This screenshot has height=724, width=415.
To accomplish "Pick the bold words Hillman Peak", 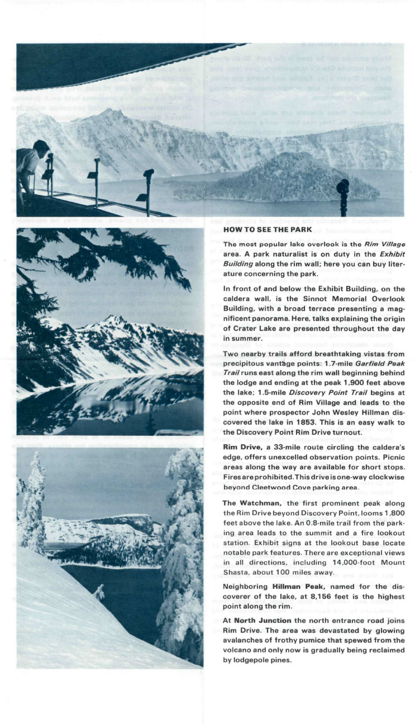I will coord(294,587).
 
